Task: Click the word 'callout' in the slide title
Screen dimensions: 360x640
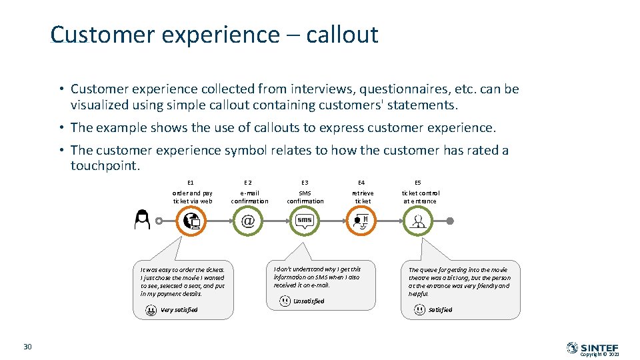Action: pos(342,35)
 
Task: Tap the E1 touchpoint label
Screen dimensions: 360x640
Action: pos(191,182)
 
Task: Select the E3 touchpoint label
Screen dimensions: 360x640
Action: pos(305,182)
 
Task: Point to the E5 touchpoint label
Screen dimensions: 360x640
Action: pos(418,182)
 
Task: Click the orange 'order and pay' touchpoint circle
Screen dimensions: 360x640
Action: pos(192,221)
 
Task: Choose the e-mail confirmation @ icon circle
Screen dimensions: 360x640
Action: pos(248,221)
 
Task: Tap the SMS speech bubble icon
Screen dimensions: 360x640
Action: pos(305,221)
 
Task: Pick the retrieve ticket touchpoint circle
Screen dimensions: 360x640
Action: pos(361,221)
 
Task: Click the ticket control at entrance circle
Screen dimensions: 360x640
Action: pos(418,221)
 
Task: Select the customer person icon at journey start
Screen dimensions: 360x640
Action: pos(142,219)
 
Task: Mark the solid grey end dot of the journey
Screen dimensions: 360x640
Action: pos(450,221)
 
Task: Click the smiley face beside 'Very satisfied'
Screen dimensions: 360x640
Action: pos(151,309)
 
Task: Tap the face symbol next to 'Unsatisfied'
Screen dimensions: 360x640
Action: pos(285,301)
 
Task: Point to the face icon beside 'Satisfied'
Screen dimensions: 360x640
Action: pos(419,309)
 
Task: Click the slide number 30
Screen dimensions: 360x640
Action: pos(27,346)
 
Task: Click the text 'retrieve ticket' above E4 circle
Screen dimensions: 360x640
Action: pos(363,197)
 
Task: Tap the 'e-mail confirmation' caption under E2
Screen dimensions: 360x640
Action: pos(249,197)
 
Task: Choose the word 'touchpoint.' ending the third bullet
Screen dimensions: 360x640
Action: pos(105,165)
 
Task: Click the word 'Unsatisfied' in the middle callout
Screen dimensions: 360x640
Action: pos(309,301)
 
